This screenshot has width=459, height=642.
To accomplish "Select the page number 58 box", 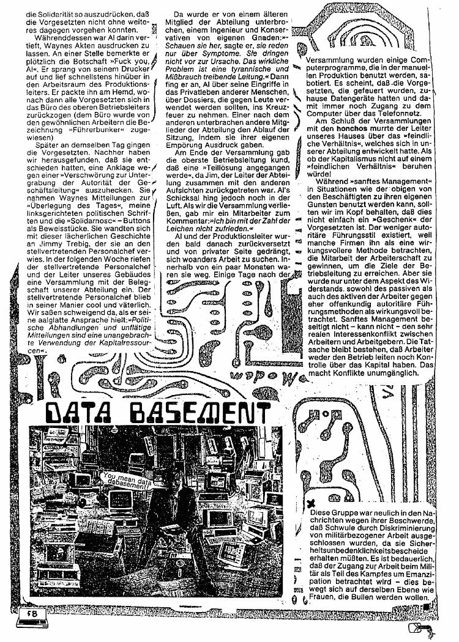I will (x=29, y=614).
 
